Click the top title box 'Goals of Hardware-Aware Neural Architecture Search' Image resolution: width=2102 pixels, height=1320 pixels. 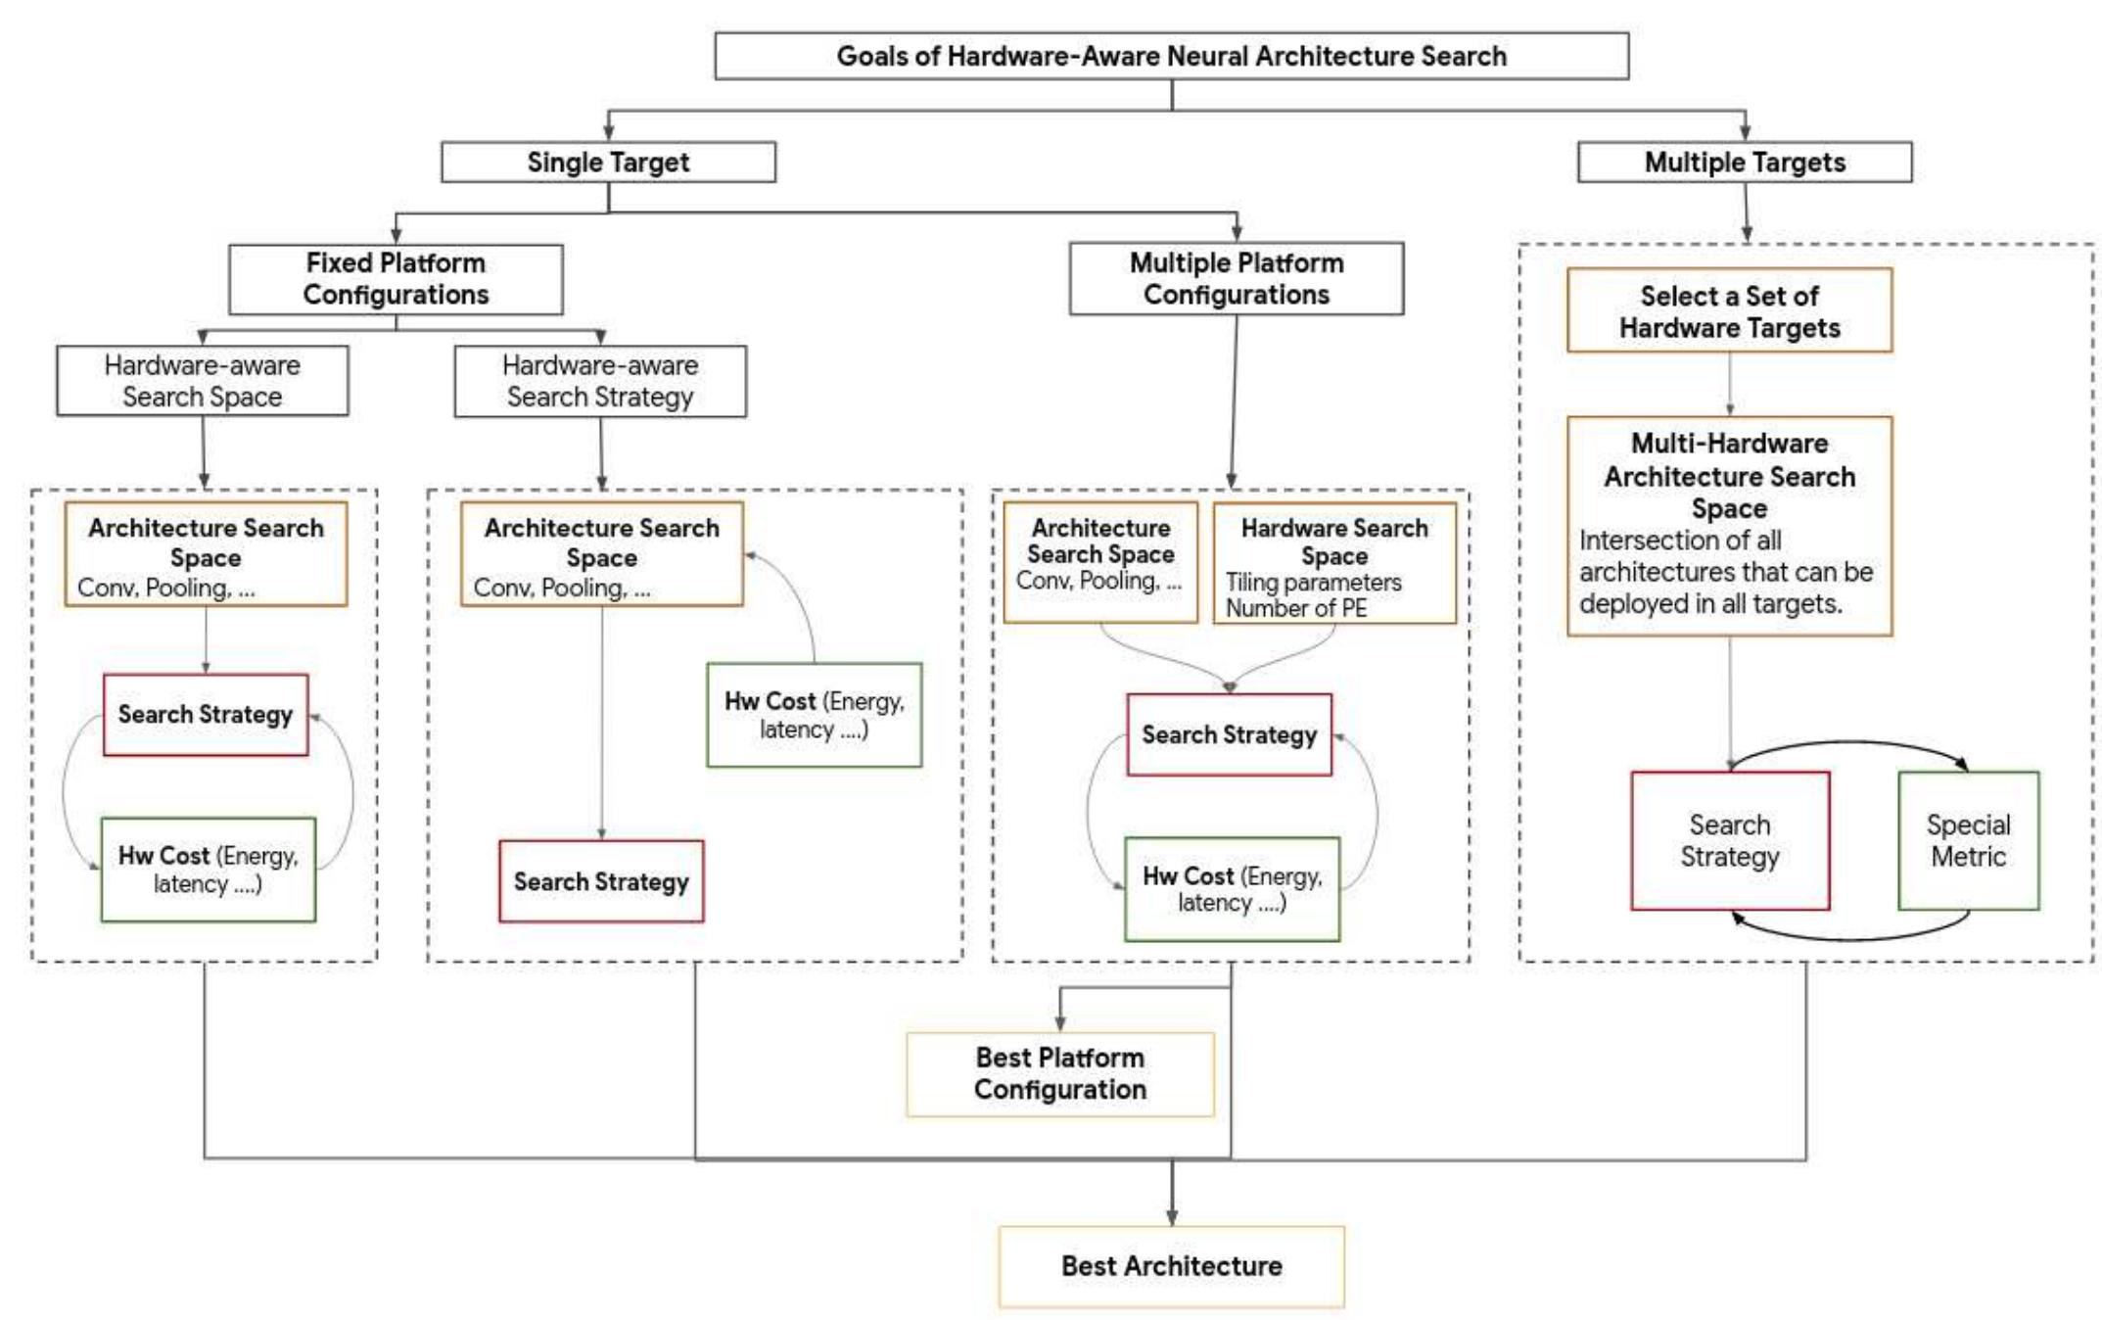[x=1171, y=56]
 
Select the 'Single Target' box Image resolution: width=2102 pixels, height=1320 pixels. [x=608, y=162]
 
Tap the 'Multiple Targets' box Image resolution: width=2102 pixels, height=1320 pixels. [x=1744, y=162]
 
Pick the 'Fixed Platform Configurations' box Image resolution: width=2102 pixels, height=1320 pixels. [x=396, y=279]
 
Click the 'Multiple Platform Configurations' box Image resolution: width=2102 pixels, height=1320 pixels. [x=1236, y=279]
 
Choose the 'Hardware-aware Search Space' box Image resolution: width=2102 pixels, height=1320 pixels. [x=203, y=381]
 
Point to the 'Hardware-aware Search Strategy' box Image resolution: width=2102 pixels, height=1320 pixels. [x=600, y=381]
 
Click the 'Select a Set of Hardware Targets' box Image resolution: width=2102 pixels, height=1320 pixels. [x=1729, y=310]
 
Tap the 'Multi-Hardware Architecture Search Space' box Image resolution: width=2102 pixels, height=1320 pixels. [x=1729, y=526]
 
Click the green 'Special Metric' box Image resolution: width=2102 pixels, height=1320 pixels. [x=1968, y=840]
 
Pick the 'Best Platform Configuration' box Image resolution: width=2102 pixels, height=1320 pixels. [x=1059, y=1074]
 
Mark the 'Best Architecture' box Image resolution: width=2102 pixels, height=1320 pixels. [x=1171, y=1266]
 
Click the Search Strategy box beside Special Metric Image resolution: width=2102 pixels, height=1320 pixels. [x=1729, y=840]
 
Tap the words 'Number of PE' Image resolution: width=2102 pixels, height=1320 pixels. [x=1295, y=608]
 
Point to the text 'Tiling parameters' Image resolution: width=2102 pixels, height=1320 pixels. [x=1313, y=583]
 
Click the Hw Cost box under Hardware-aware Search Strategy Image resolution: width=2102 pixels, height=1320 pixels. [x=814, y=715]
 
